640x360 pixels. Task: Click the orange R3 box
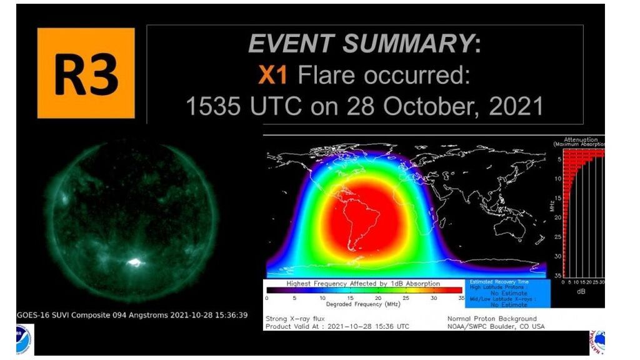point(86,73)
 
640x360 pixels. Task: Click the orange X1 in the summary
point(273,76)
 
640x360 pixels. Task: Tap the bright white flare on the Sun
point(133,263)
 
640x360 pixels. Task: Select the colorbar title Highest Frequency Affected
point(363,284)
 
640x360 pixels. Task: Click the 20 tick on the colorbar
point(377,298)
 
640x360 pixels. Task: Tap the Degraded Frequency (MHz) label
point(362,304)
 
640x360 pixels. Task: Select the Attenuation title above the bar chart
point(580,140)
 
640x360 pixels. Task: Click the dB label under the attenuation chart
point(580,290)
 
